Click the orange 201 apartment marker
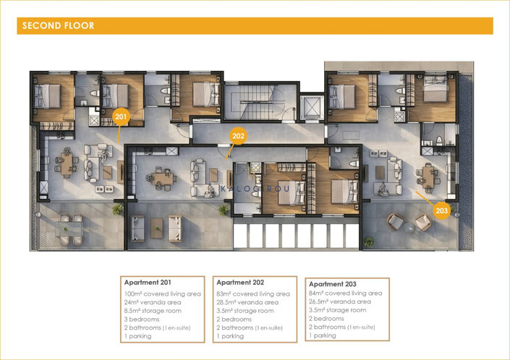(x=121, y=116)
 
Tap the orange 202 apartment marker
(x=238, y=136)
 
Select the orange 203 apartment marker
(x=442, y=210)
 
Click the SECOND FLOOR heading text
(x=58, y=26)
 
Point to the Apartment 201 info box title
(x=148, y=283)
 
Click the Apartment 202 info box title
(x=240, y=283)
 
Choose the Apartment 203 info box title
(x=333, y=284)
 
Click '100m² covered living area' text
(x=163, y=293)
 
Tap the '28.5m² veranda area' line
(x=247, y=302)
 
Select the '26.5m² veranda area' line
(x=340, y=301)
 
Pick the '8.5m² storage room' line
(x=153, y=311)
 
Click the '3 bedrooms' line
(x=142, y=319)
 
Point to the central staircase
(x=257, y=102)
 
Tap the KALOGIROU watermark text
(x=255, y=189)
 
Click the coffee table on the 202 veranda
(x=157, y=228)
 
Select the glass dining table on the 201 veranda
(x=69, y=229)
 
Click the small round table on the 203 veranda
(x=409, y=228)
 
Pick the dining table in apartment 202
(x=162, y=179)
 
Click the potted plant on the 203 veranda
(x=369, y=241)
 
